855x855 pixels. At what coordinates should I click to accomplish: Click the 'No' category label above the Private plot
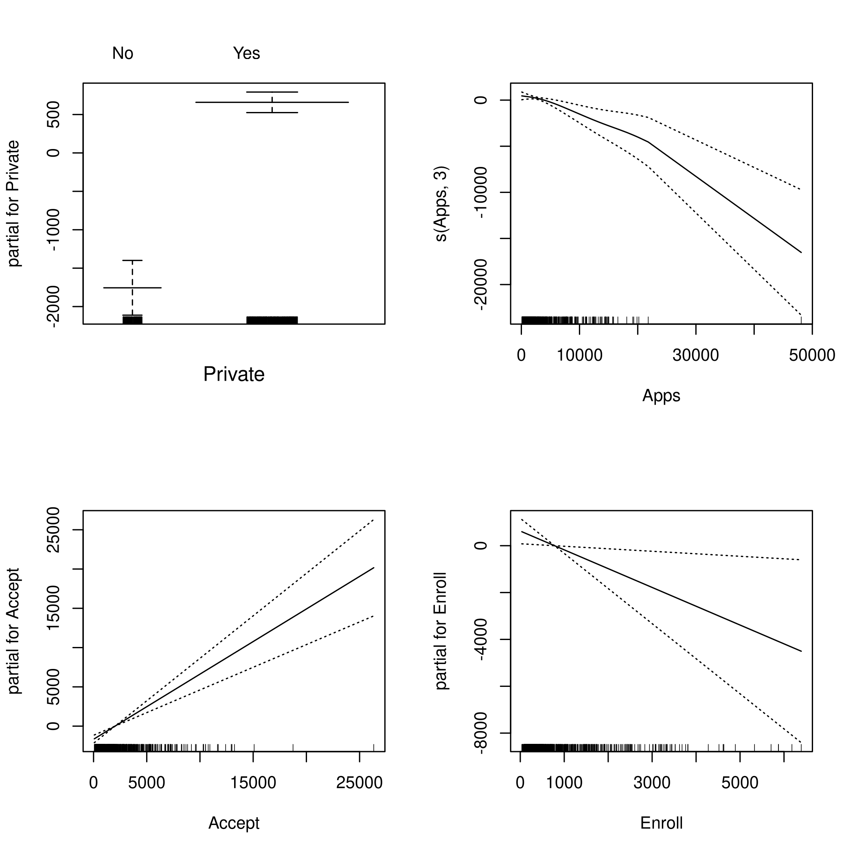[x=123, y=54]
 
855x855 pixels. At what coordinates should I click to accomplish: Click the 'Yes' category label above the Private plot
[x=246, y=54]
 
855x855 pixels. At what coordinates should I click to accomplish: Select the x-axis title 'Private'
[x=234, y=375]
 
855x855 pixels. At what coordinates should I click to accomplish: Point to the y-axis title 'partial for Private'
[x=13, y=204]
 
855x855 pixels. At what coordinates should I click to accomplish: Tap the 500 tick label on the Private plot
[x=53, y=115]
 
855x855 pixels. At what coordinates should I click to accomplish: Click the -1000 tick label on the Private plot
[x=53, y=230]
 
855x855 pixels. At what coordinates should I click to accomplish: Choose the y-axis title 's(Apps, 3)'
[x=441, y=204]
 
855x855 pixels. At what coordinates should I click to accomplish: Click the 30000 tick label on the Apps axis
[x=695, y=355]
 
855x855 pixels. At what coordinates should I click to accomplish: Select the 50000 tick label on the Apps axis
[x=811, y=355]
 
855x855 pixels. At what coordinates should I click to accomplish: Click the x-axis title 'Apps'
[x=661, y=396]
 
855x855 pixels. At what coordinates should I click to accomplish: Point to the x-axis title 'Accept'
[x=234, y=823]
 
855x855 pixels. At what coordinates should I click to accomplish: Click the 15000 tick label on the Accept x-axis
[x=253, y=783]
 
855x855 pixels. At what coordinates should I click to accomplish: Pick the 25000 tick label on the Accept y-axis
[x=53, y=530]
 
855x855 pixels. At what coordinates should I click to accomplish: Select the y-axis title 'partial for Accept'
[x=13, y=631]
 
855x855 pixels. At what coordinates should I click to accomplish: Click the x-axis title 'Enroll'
[x=661, y=823]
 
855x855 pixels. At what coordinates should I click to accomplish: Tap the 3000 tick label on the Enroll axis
[x=651, y=783]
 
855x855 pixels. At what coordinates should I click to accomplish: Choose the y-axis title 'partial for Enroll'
[x=441, y=631]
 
